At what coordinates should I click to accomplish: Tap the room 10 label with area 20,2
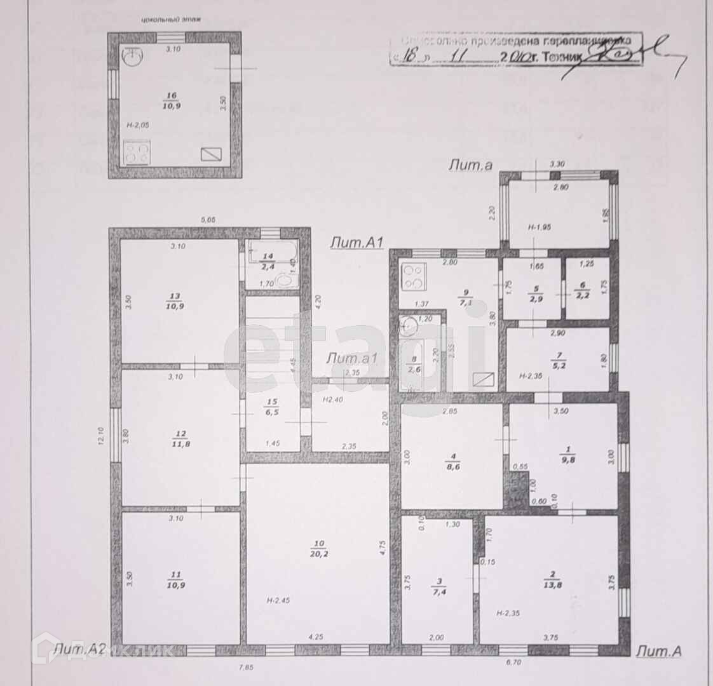(x=318, y=548)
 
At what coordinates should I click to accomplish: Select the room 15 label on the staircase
(x=273, y=406)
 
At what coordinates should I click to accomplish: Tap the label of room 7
(x=558, y=361)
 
